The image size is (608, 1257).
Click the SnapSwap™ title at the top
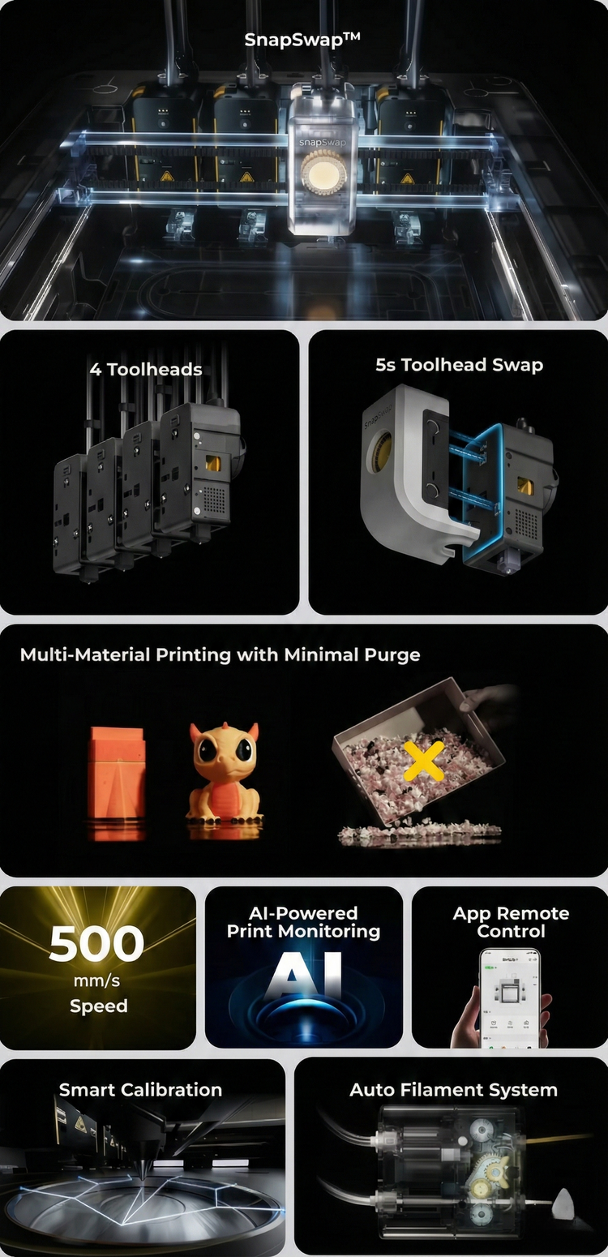point(302,40)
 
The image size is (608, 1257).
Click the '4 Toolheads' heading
point(146,369)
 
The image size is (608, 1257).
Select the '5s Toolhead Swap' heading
point(460,365)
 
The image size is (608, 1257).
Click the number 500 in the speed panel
point(96,943)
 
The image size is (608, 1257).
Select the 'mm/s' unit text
point(96,981)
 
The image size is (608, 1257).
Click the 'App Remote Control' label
point(511,922)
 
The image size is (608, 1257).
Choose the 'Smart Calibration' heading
point(141,1090)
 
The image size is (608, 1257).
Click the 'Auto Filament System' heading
point(454,1090)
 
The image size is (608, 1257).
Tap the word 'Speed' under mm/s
point(99,1006)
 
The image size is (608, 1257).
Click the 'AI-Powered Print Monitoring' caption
point(303,922)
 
